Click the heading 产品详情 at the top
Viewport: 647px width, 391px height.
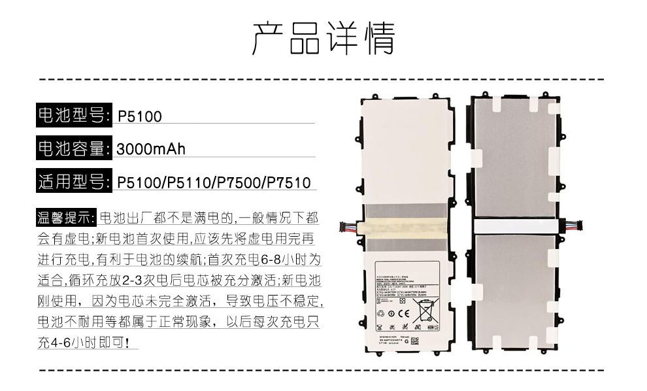323,39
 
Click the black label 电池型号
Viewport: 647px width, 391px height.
72,116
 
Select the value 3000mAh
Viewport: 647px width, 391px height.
151,149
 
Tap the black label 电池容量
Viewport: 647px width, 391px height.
72,149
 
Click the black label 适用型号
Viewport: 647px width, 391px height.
72,181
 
